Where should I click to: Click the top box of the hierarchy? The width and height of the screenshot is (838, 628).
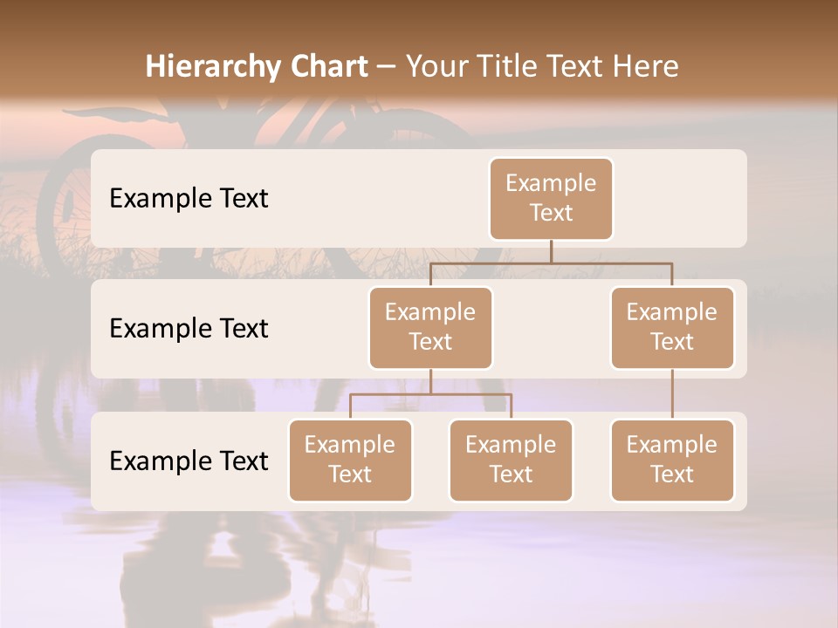551,199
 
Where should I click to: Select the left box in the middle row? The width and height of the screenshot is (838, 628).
430,328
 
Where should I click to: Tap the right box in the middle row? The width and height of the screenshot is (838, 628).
672,328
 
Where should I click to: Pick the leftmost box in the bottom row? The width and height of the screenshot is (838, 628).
350,461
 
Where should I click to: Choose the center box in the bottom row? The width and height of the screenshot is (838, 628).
511,461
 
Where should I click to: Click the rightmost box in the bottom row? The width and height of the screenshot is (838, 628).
672,461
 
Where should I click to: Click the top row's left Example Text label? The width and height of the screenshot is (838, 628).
189,199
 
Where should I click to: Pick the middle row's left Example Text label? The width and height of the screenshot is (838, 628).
189,329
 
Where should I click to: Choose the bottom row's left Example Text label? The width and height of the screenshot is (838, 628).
189,461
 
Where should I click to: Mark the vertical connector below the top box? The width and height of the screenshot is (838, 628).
551,251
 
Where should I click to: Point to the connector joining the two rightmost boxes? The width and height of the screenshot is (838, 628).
672,394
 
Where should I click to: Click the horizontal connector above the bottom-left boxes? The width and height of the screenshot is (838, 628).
430,394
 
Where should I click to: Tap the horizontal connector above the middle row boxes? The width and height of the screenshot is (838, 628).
551,262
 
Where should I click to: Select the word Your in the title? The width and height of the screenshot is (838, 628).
436,67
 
